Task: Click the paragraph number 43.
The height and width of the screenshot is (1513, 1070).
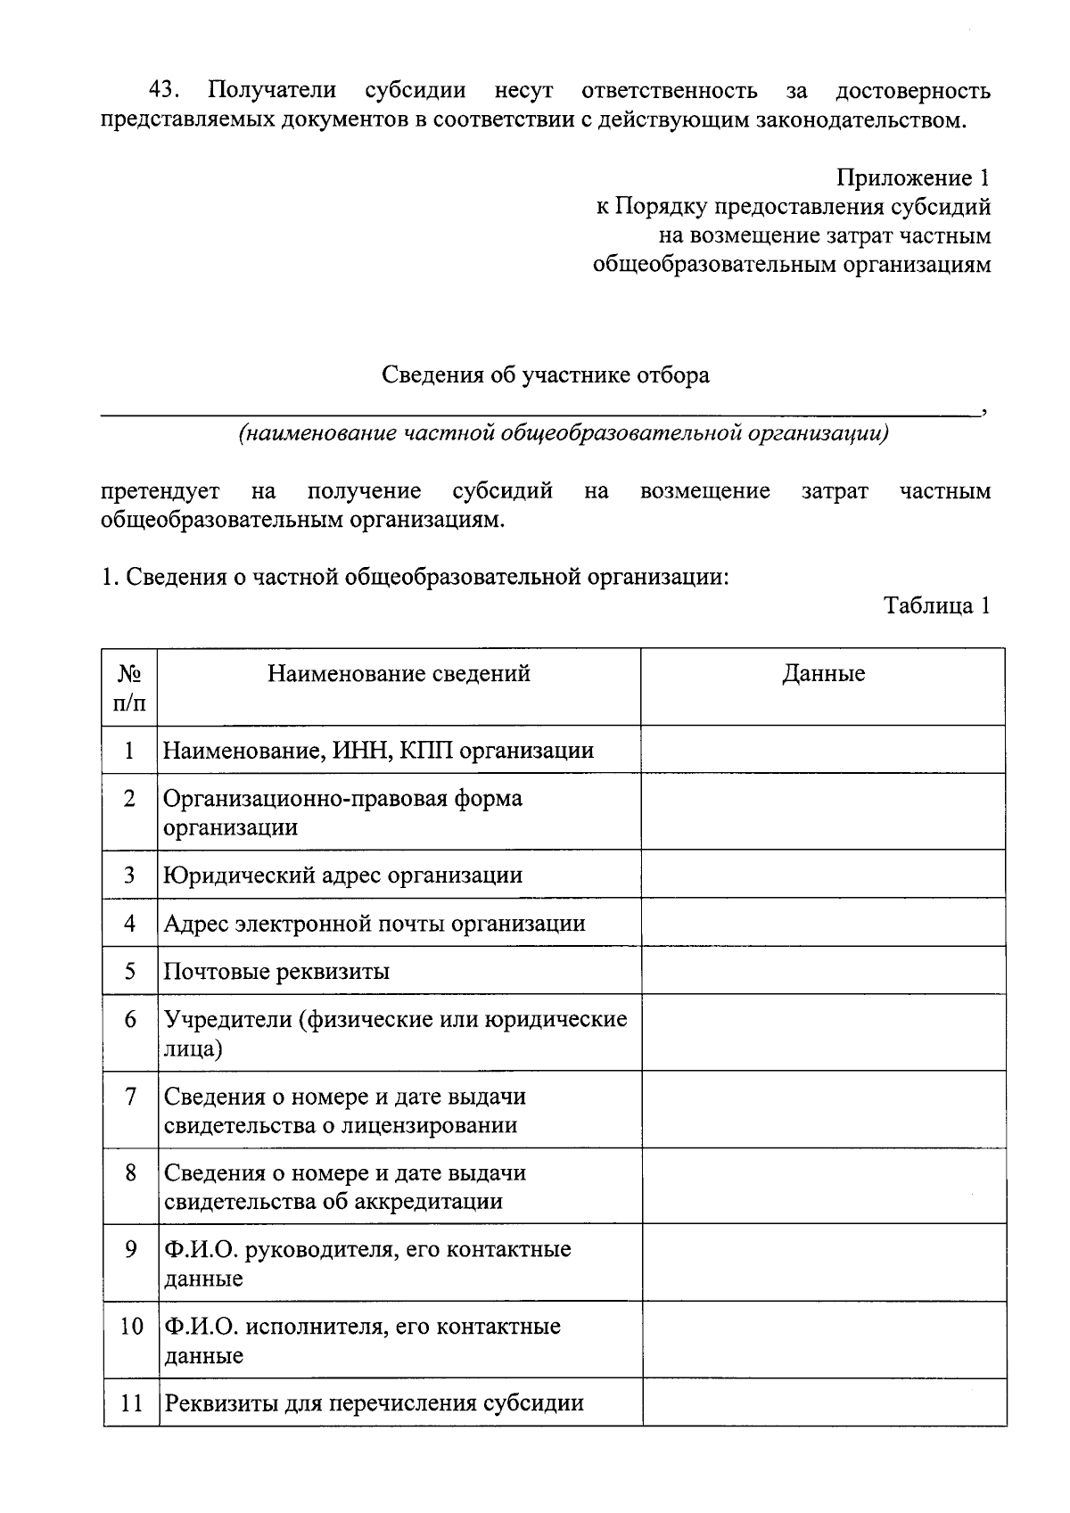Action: pyautogui.click(x=164, y=91)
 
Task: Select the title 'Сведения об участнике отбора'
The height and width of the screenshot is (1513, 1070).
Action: pyautogui.click(x=545, y=374)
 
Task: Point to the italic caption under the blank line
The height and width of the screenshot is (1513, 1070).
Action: pyautogui.click(x=563, y=433)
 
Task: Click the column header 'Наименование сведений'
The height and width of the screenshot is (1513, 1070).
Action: pyautogui.click(x=399, y=673)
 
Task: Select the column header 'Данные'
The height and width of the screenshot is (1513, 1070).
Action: pyautogui.click(x=823, y=673)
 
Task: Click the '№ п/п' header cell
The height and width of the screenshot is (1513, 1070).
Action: pyautogui.click(x=130, y=687)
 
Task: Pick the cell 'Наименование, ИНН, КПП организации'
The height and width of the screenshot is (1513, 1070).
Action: pyautogui.click(x=378, y=750)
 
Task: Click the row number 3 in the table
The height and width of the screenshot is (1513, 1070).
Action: pyautogui.click(x=130, y=875)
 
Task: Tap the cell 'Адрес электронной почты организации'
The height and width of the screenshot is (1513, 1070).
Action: pyautogui.click(x=374, y=923)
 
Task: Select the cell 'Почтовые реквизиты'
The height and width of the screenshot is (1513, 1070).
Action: pyautogui.click(x=276, y=971)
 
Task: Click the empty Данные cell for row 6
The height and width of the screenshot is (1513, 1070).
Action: pyautogui.click(x=823, y=1032)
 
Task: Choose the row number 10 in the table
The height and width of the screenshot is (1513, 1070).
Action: pyautogui.click(x=131, y=1327)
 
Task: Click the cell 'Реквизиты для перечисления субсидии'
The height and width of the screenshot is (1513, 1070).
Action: pyautogui.click(x=374, y=1403)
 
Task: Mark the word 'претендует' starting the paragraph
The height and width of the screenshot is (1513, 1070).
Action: pyautogui.click(x=160, y=491)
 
